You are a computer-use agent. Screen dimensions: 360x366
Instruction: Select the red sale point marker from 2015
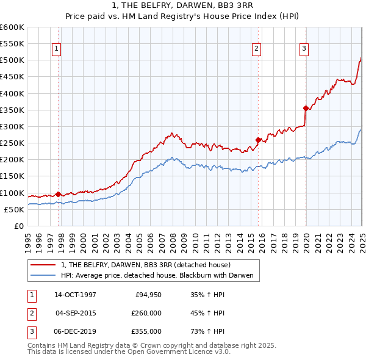tap(258, 140)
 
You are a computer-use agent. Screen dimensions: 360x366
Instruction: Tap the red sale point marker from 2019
tap(306, 108)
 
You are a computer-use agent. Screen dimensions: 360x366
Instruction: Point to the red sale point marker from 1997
tap(59, 194)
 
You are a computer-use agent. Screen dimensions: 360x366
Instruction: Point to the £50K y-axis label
tap(14, 209)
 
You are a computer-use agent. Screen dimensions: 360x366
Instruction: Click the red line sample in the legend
tap(43, 265)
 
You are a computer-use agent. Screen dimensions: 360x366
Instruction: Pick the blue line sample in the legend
tap(43, 275)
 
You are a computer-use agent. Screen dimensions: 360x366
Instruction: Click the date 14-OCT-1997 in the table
tap(75, 295)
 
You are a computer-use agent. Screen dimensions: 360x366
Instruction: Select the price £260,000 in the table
tap(147, 313)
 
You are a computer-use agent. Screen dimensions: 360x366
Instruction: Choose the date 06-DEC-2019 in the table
tap(75, 331)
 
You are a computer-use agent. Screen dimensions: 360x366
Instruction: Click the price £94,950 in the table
tap(147, 295)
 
